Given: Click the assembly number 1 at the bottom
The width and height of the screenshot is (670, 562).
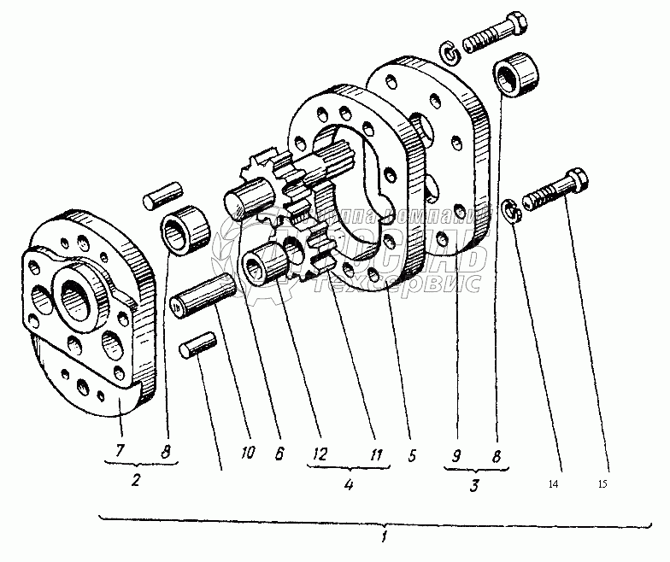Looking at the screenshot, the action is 385,538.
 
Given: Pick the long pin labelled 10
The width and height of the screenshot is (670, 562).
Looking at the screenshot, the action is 202,295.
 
